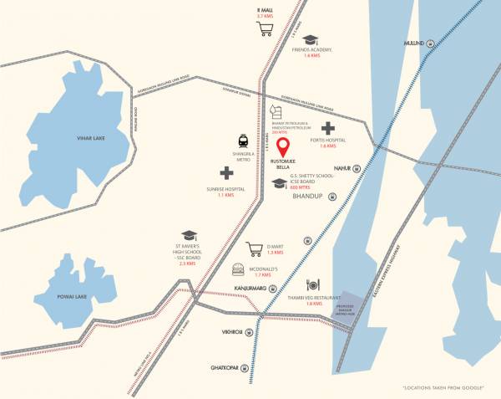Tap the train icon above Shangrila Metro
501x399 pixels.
click(243, 141)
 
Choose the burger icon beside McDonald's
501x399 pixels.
click(238, 269)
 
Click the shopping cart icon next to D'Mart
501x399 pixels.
click(255, 248)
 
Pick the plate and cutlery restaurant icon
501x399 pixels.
click(313, 284)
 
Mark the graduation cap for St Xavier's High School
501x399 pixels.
click(188, 237)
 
